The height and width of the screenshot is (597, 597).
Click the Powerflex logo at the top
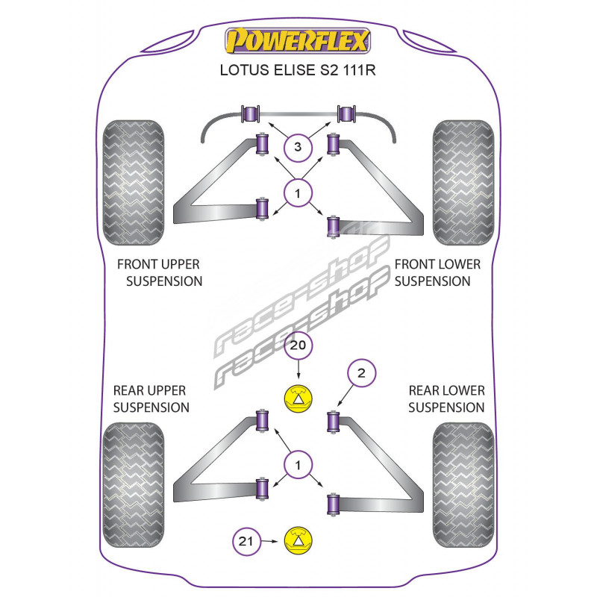pos(298,42)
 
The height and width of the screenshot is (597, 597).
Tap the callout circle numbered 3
pos(298,148)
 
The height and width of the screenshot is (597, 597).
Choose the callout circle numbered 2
pos(361,375)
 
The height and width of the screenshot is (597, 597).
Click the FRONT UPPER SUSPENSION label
pos(159,273)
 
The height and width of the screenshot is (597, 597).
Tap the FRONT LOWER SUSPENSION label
pos(437,273)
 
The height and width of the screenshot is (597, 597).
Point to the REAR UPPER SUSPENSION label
pos(151,399)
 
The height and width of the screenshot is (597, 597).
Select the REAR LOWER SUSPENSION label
pos(446,399)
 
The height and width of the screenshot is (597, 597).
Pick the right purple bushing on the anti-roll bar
pos(345,114)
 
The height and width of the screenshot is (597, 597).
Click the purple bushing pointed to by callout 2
pos(335,422)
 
